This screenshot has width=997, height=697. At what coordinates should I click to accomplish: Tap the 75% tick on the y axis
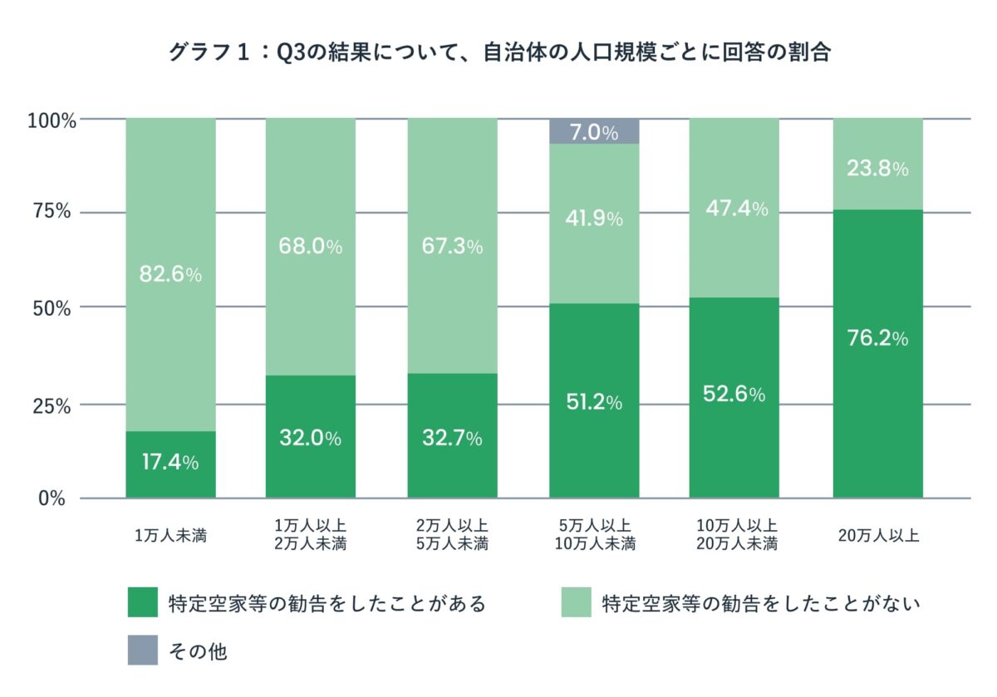52,212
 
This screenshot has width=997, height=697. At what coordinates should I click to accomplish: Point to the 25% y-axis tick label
52,405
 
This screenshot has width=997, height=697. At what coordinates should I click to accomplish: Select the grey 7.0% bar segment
594,131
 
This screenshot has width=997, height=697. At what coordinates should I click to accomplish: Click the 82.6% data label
169,275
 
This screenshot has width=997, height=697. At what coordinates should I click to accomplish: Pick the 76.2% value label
877,339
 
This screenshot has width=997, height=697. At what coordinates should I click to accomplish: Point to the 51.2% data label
594,403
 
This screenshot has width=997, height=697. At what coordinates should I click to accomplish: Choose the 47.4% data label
734,209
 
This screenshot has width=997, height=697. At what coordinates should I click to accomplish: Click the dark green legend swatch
142,602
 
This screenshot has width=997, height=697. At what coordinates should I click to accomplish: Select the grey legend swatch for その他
142,650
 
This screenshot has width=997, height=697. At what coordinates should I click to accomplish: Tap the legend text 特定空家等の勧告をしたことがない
761,603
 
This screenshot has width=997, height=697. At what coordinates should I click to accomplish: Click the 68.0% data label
311,247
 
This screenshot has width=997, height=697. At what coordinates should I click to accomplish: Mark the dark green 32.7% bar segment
452,436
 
